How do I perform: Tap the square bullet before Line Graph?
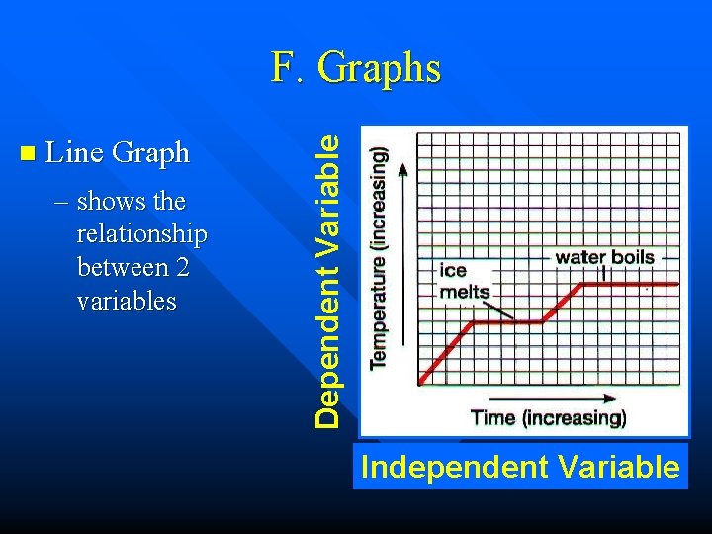27,153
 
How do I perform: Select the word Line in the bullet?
76,153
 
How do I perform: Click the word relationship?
141,234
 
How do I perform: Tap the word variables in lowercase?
126,300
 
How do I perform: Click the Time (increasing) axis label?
548,417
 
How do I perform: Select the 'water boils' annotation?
604,258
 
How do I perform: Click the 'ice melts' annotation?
464,281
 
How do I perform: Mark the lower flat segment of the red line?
507,322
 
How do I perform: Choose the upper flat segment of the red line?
631,284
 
